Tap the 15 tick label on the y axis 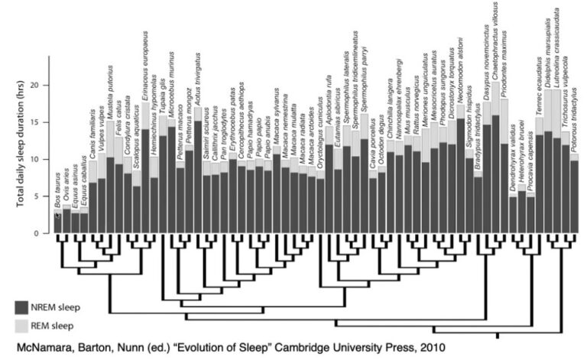tap(39, 122)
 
